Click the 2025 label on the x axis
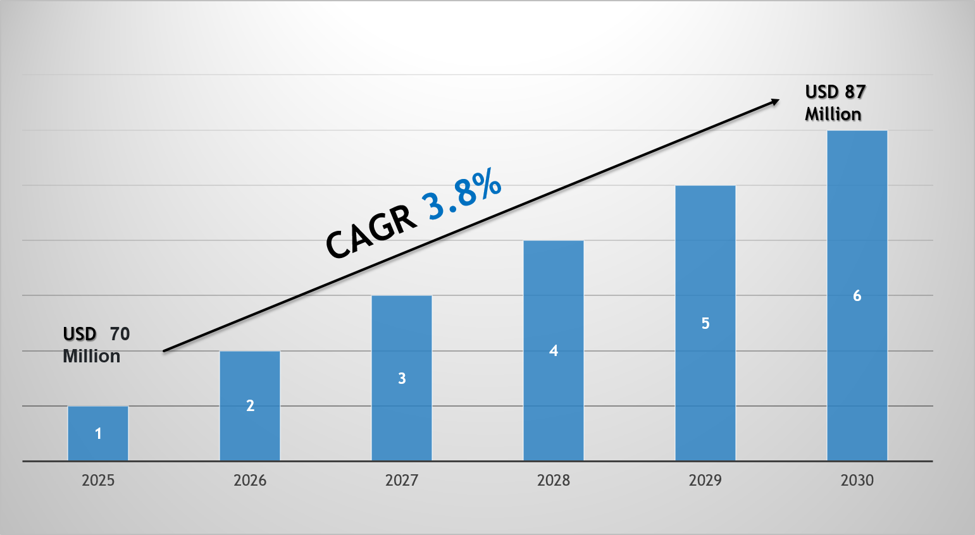(x=98, y=481)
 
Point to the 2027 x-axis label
(x=402, y=481)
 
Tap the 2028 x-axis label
(x=554, y=481)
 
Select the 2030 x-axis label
(x=857, y=481)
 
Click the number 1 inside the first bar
(x=98, y=434)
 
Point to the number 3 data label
(x=402, y=379)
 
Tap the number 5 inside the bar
(x=705, y=324)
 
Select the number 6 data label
(x=857, y=296)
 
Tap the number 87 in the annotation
(x=855, y=92)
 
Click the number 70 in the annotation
(x=120, y=334)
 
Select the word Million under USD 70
(x=92, y=357)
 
